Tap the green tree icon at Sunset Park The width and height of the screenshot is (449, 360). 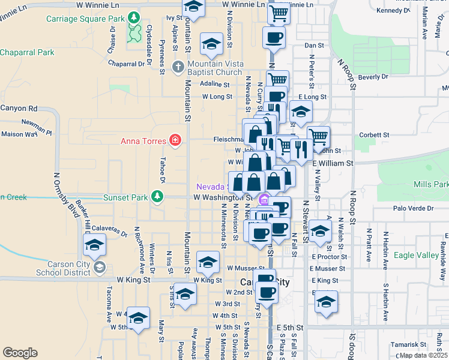157,196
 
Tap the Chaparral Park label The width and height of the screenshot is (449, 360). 27,53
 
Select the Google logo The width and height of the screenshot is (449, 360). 20,352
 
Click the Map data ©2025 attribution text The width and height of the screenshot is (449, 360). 423,355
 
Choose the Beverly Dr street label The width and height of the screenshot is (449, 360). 373,77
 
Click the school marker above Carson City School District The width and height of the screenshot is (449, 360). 95,245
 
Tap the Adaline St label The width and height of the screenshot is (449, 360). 216,83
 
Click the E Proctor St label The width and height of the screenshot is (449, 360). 330,256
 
